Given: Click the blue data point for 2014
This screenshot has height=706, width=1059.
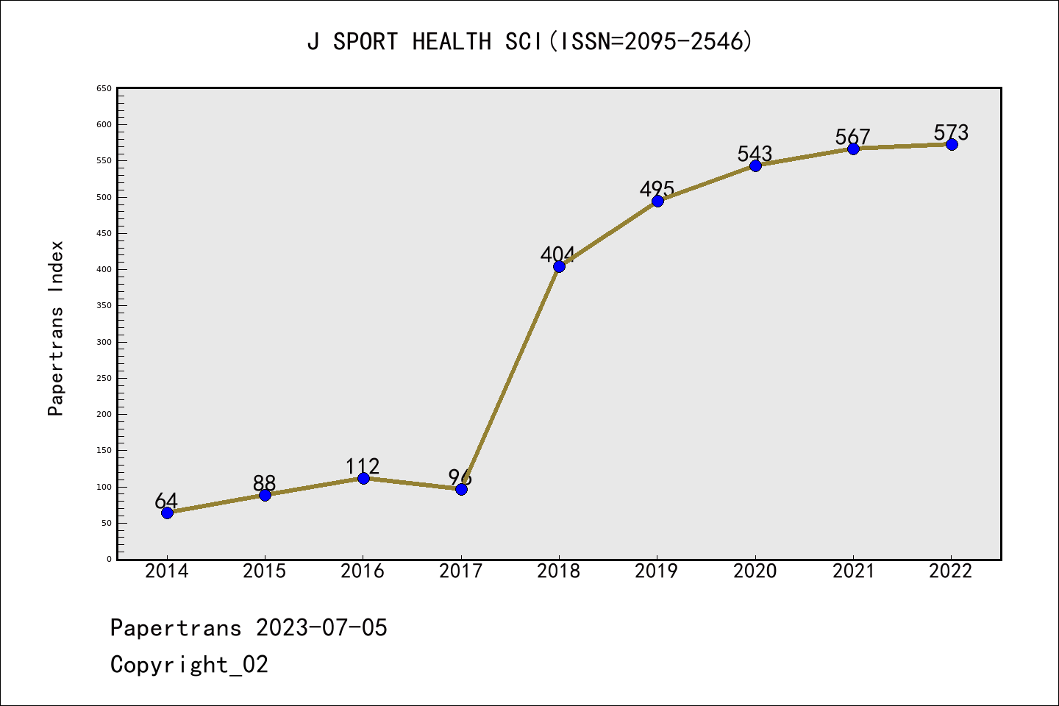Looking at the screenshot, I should point(167,513).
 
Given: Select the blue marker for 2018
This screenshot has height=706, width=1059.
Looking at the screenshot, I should point(559,266).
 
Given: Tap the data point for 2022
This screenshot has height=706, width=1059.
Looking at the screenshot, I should point(952,144).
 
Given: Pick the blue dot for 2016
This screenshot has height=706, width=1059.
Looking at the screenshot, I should point(363,478).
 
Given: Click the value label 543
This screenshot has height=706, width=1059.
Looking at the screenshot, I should point(755,153).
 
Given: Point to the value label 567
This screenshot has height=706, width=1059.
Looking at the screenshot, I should point(852,137).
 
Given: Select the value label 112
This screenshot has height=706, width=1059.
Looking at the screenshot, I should point(363,466).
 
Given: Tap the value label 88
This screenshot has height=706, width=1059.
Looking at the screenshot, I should point(264,483).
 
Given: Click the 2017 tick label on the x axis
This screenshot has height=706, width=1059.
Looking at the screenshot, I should point(460,571).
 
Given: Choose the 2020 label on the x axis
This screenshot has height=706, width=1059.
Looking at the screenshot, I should point(755,571).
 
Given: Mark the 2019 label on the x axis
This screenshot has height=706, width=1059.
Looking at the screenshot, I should point(657,571).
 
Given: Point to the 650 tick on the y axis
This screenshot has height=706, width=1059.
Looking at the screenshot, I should point(104,88).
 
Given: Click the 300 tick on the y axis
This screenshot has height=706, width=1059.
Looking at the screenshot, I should point(104,342).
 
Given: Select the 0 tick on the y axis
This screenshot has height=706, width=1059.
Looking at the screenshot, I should point(109,559).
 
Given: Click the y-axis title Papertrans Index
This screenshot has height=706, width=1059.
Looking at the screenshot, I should point(56,328).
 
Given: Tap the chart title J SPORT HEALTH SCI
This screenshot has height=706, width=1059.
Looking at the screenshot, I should point(529,42).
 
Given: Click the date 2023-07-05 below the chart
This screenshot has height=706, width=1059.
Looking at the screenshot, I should point(321,628).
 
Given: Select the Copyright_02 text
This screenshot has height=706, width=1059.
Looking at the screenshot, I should point(189,665).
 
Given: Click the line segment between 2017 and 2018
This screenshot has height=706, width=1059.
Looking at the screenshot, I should point(510,378).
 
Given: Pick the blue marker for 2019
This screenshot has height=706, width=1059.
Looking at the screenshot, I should point(657,201).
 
